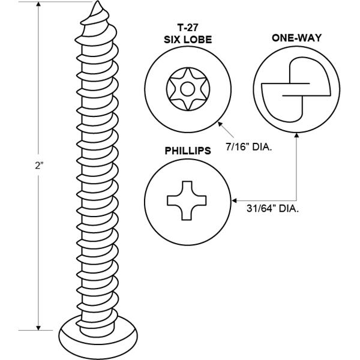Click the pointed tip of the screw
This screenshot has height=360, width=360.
(97, 1)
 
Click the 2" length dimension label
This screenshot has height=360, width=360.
(39, 166)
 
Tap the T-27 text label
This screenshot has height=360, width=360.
(188, 28)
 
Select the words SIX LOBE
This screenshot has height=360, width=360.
(188, 40)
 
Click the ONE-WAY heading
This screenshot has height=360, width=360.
(296, 38)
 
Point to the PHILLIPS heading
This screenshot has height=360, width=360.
(188, 151)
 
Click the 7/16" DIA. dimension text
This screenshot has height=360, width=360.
(249, 147)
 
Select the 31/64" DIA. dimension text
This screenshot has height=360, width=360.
(273, 208)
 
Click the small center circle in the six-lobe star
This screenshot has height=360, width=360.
(188, 89)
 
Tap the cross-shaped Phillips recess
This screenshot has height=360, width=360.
(187, 200)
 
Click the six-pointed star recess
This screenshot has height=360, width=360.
(188, 89)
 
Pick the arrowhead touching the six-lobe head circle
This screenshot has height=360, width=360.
(221, 124)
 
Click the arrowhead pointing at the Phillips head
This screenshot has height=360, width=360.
(234, 200)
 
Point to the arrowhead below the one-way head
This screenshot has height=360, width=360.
(296, 136)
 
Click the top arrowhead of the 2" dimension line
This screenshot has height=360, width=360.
(38, 4)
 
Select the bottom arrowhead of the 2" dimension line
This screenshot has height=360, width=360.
(38, 328)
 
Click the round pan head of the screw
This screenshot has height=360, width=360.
(98, 337)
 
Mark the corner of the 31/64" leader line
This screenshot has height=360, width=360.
(296, 200)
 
